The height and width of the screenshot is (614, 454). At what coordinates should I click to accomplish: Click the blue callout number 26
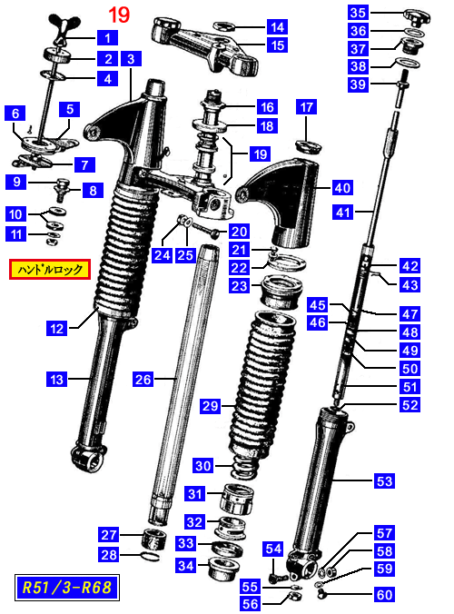[143, 379]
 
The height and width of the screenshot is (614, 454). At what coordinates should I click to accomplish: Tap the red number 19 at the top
[119, 15]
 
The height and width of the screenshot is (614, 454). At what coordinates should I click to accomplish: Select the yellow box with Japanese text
[50, 270]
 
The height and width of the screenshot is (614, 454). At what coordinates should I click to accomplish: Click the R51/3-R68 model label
[66, 588]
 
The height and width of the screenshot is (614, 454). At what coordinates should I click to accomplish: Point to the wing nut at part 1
[64, 28]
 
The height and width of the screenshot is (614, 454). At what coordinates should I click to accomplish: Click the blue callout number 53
[384, 480]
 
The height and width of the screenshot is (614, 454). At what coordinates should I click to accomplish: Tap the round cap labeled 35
[417, 17]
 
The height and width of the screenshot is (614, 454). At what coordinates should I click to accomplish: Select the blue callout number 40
[342, 188]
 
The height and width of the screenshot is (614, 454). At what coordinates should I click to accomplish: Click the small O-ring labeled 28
[150, 556]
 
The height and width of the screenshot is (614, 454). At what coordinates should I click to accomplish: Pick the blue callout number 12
[56, 328]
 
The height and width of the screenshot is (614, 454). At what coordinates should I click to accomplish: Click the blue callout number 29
[210, 405]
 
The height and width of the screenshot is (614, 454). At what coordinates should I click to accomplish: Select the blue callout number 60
[384, 595]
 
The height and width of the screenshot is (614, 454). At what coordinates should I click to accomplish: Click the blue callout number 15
[278, 45]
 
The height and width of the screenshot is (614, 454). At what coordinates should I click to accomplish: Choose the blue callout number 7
[84, 164]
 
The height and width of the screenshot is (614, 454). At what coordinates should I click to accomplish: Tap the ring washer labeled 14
[224, 26]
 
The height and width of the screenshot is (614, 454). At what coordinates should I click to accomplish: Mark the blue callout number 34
[186, 566]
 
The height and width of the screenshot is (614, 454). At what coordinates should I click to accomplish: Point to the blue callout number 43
[410, 284]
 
